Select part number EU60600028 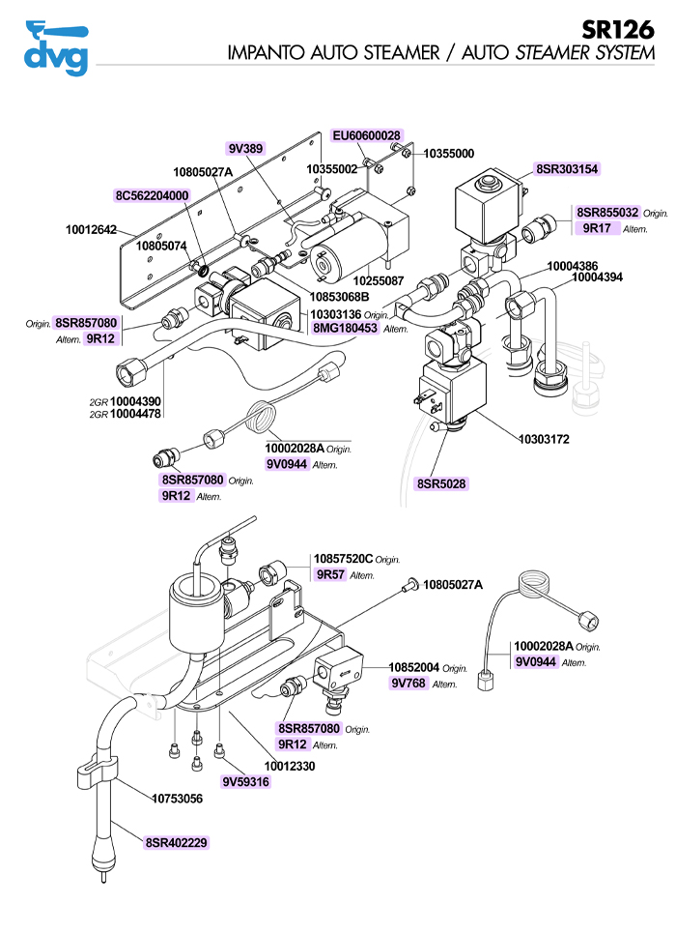pos(367,136)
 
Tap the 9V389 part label pos(245,148)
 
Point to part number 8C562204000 pos(152,195)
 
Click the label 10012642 pos(91,230)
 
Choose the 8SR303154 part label pos(567,169)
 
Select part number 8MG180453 pos(345,329)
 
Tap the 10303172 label pos(544,439)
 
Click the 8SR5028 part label pos(441,482)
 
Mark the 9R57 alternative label pos(331,574)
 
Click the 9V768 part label pos(408,683)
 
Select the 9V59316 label pos(245,781)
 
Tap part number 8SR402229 pos(177,843)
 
